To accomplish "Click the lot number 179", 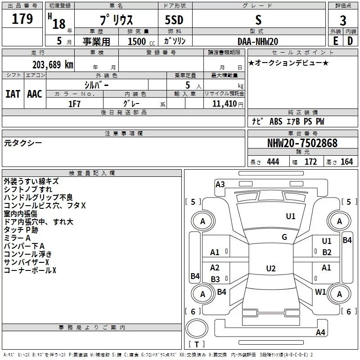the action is click(22, 18).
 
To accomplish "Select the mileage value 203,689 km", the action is click(53, 65).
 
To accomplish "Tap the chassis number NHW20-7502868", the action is click(302, 143).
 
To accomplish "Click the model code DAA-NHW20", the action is click(258, 41).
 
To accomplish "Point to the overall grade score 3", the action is click(343, 20).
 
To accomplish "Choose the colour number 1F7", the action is click(74, 104).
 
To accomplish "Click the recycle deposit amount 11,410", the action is click(224, 103).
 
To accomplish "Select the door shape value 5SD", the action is click(174, 20).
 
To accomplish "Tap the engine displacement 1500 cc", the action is click(141, 41).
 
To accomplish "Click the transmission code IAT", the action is click(13, 94).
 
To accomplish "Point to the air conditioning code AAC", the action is click(35, 94).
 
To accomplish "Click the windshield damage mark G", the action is click(284, 237).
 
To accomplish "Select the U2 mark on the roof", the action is click(271, 268).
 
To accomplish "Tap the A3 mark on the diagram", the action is click(220, 184).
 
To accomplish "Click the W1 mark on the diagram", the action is click(320, 292).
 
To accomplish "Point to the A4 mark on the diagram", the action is click(320, 332).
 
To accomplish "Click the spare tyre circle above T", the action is click(197, 328).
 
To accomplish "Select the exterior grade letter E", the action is click(336, 41).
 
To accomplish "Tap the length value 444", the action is click(273, 162).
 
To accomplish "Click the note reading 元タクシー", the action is click(23, 143).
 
